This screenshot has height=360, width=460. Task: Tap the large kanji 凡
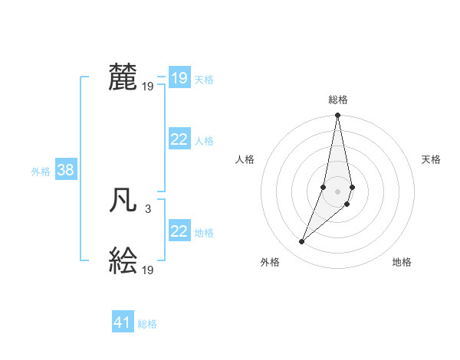123,202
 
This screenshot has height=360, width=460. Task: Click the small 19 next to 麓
148,87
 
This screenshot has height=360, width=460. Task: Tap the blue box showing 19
179,78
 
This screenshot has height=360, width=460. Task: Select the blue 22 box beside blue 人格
179,139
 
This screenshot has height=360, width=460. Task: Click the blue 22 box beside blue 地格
179,231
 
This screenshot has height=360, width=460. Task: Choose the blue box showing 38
65,170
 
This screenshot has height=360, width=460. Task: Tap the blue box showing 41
123,322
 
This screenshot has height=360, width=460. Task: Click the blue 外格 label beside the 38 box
41,172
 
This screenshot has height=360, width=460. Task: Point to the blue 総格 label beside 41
147,324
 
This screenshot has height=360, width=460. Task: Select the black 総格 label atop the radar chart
337,100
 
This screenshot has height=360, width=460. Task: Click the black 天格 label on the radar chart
432,159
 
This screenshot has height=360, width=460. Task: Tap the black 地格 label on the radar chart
402,262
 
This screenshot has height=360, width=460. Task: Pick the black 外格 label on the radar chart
270,262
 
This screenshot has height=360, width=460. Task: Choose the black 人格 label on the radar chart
245,159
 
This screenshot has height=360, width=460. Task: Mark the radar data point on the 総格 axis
337,116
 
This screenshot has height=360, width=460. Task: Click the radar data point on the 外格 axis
302,242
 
